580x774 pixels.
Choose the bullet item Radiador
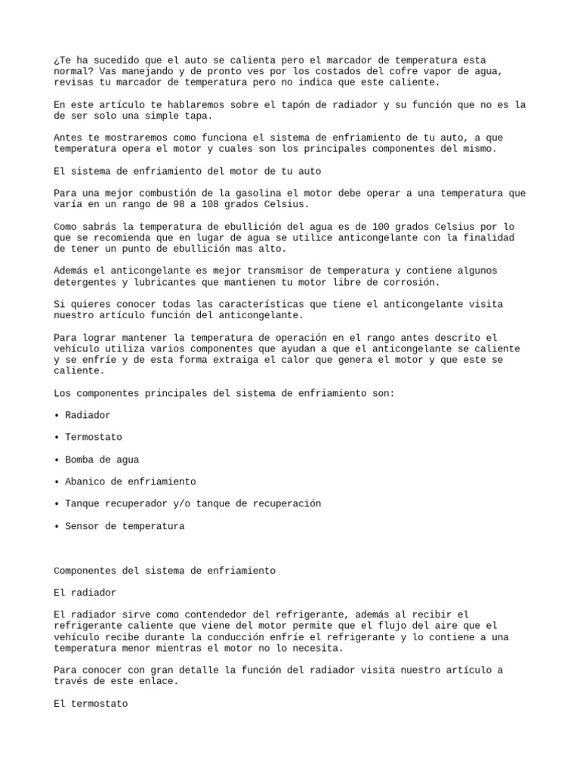point(88,415)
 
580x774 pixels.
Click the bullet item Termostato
point(93,437)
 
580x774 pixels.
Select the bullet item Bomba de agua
point(102,460)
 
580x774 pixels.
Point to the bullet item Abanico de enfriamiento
point(130,481)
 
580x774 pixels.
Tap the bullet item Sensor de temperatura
point(125,526)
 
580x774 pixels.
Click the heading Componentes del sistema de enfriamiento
point(165,571)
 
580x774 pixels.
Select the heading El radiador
point(85,593)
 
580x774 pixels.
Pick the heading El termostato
point(91,703)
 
